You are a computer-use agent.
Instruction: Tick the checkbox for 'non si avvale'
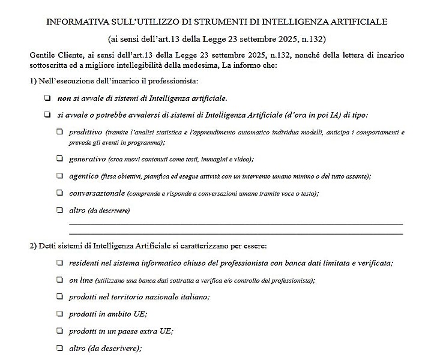click(47, 98)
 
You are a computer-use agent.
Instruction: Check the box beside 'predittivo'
click(60, 131)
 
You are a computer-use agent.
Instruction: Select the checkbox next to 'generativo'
click(60, 159)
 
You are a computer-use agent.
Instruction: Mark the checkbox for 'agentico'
click(60, 176)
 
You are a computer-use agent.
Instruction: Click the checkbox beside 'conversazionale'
click(60, 193)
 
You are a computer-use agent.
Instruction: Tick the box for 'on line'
click(60, 280)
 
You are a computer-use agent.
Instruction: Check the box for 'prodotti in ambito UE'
click(60, 314)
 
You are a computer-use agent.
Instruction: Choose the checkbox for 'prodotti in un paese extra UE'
click(60, 331)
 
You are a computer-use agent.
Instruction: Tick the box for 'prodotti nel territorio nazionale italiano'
click(60, 296)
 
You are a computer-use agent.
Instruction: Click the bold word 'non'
click(64, 98)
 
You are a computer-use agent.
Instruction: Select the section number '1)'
click(33, 81)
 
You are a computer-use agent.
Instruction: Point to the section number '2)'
click(33, 246)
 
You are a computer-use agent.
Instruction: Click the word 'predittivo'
click(85, 131)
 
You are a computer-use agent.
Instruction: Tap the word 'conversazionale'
click(97, 193)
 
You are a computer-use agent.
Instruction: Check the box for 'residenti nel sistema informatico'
click(60, 263)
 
